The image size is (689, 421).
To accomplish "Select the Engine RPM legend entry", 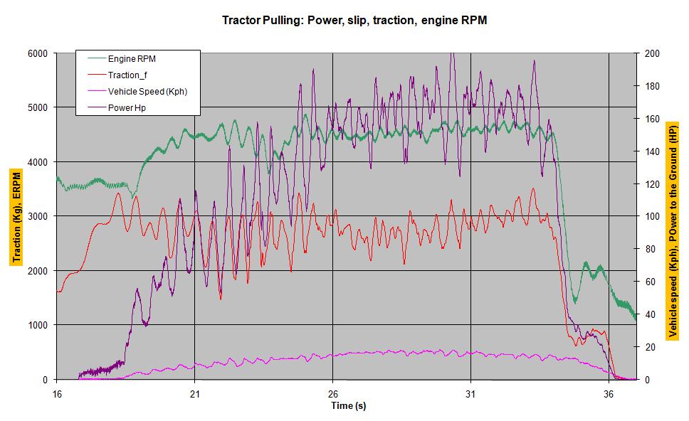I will point(133,59).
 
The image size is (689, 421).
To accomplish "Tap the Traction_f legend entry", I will point(127,75).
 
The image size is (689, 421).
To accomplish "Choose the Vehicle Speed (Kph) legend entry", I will point(147,92).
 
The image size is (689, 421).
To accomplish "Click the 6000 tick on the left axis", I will point(38,53).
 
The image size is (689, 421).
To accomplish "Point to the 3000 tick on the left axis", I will point(38,216).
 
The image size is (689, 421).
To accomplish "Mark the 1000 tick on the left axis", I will point(38,325).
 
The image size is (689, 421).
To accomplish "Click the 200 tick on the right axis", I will point(652,53).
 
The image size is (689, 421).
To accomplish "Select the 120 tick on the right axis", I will point(652,183).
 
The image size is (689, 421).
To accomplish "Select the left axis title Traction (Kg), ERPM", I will point(15,216).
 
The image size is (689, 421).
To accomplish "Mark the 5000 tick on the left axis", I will point(38,107).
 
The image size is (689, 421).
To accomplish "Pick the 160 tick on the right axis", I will point(652,119).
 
